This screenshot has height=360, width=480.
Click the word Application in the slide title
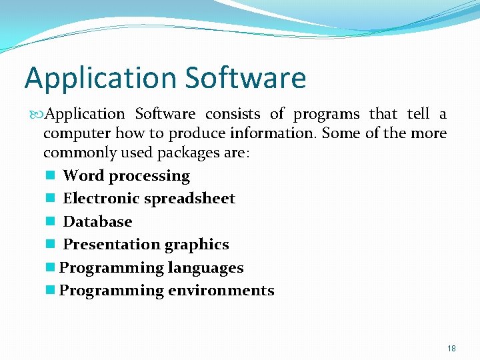click(101, 79)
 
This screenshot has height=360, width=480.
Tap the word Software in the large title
click(245, 77)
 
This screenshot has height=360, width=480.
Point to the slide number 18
click(451, 349)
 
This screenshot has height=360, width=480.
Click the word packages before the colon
click(190, 153)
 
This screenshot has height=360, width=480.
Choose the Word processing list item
click(126, 176)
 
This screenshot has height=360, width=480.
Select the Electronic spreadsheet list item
click(149, 199)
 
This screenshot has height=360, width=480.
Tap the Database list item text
click(97, 221)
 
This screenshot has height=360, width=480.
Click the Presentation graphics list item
click(145, 245)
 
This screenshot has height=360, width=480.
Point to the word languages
click(205, 268)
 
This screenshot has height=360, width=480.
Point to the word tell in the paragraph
click(417, 114)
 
